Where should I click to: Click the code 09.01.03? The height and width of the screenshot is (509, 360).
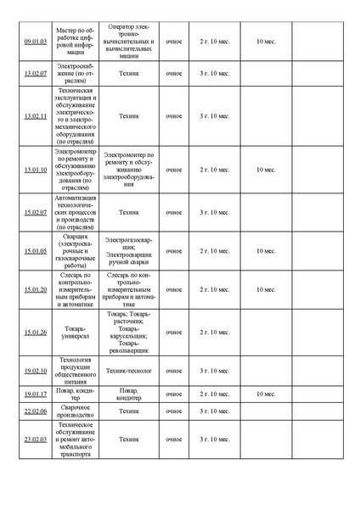35,41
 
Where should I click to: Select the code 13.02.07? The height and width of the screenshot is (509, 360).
35,74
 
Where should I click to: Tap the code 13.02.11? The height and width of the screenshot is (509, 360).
35,115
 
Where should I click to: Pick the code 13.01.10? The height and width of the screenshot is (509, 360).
35,170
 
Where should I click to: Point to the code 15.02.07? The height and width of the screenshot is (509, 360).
35,212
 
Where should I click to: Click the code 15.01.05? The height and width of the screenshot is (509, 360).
35,251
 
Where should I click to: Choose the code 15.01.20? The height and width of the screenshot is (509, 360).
35,289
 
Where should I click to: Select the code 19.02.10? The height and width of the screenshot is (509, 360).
35,371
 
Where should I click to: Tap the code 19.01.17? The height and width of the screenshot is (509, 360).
35,394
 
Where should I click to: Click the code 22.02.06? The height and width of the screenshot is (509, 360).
35,411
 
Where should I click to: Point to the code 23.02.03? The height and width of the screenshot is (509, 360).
35,439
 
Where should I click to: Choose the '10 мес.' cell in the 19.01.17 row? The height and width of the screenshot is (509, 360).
266,394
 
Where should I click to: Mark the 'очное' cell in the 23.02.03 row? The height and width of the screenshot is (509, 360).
174,439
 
